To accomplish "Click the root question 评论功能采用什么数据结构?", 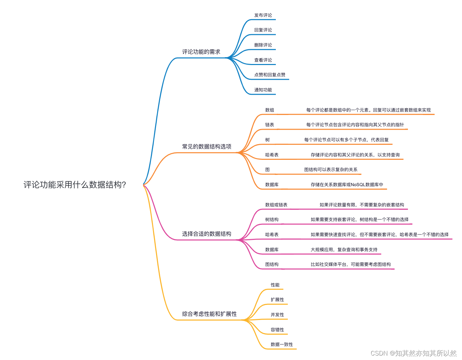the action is pyautogui.click(x=75, y=185).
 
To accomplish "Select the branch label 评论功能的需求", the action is pyautogui.click(x=201, y=52).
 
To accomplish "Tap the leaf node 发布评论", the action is pyautogui.click(x=263, y=15).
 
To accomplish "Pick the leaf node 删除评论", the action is pyautogui.click(x=263, y=45).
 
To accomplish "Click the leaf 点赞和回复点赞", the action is pyautogui.click(x=270, y=75).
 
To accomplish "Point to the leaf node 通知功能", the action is pyautogui.click(x=263, y=90).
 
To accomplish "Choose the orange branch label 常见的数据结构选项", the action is pyautogui.click(x=207, y=146).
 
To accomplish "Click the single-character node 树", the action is pyautogui.click(x=267, y=140).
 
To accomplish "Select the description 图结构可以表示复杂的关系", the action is pyautogui.click(x=331, y=169).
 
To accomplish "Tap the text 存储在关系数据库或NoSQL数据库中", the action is pyautogui.click(x=347, y=184).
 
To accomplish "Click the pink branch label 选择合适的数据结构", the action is pyautogui.click(x=207, y=234).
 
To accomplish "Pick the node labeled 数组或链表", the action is pyautogui.click(x=276, y=205).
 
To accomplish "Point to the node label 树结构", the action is pyautogui.click(x=272, y=219).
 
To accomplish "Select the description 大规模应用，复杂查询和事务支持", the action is pyautogui.click(x=344, y=249).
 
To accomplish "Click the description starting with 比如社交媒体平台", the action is pyautogui.click(x=350, y=264).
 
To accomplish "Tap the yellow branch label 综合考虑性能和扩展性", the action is pyautogui.click(x=209, y=314).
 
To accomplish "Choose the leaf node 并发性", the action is pyautogui.click(x=277, y=314).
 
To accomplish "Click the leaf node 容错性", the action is pyautogui.click(x=277, y=330).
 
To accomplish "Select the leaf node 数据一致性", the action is pyautogui.click(x=282, y=344).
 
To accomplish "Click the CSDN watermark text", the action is pyautogui.click(x=413, y=353).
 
